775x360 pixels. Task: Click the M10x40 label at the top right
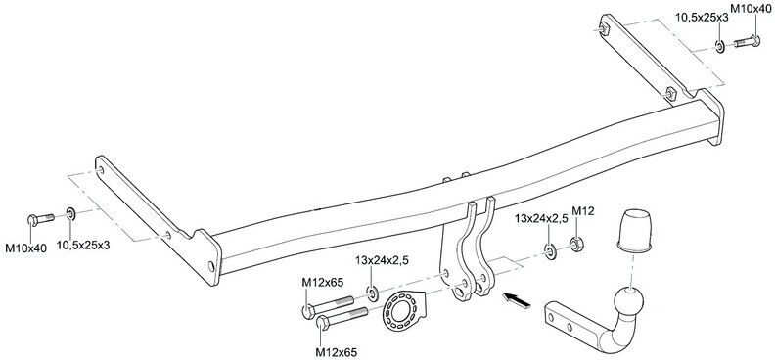point(752,8)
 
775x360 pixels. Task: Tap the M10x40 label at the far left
point(25,248)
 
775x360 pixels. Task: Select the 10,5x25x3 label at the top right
point(702,18)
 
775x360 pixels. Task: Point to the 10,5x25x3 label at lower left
point(83,245)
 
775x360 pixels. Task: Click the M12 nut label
point(583,211)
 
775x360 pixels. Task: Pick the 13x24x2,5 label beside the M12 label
point(541,218)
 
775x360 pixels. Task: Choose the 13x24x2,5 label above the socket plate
point(381,261)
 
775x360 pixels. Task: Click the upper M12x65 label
point(322,282)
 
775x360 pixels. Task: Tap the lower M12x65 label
point(336,352)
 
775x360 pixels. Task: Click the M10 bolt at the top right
point(747,42)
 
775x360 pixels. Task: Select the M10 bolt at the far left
point(41,219)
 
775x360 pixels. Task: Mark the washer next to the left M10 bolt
point(71,214)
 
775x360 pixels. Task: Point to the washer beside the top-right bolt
point(719,47)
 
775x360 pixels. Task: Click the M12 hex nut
point(575,244)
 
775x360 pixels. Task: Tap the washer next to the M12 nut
point(550,251)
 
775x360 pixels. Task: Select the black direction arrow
point(517,300)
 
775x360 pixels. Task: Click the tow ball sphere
point(628,300)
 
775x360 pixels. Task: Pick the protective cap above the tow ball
point(634,231)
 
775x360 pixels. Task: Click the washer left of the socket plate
point(373,293)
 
